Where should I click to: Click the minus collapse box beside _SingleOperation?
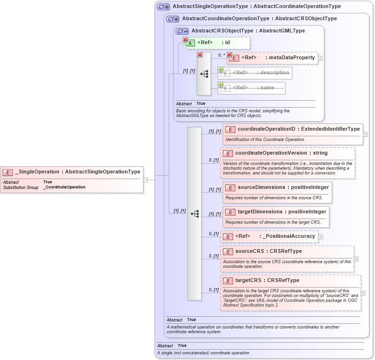pos(146,179)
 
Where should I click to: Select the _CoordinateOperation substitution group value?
pos(64,187)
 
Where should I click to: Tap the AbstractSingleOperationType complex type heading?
pos(257,7)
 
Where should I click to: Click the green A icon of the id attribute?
pos(191,43)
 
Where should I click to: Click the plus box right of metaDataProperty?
pos(320,58)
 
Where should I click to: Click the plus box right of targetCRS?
pos(363,293)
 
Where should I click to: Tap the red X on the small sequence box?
pos(200,55)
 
